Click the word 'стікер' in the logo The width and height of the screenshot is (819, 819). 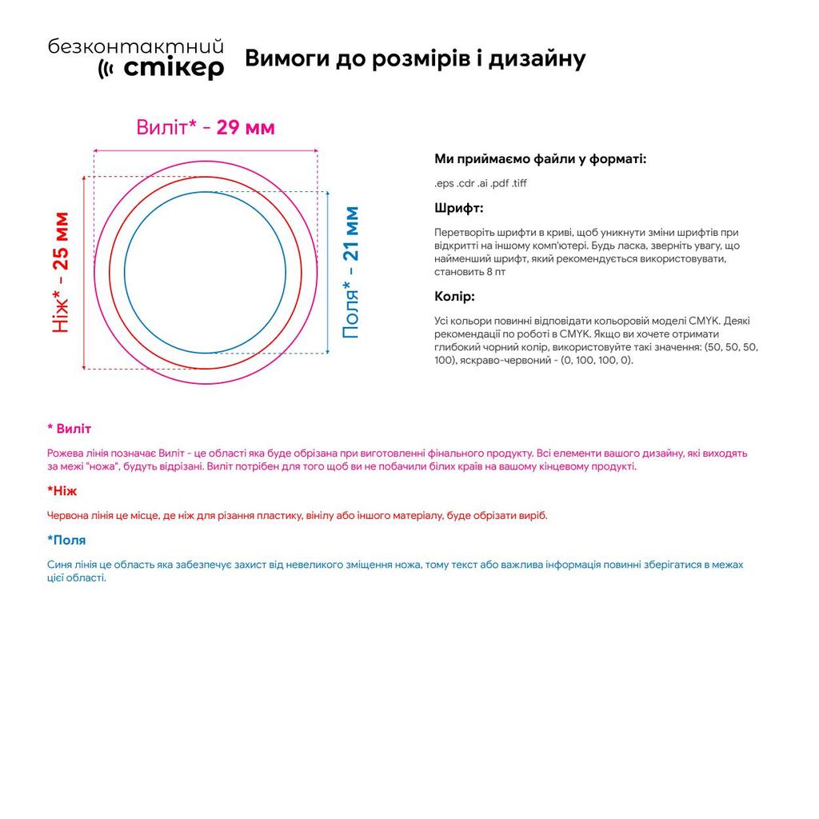point(174,69)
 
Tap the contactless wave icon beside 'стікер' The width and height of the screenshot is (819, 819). point(106,70)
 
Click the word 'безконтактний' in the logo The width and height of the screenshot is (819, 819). point(135,47)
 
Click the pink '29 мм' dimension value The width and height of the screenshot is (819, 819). point(246,127)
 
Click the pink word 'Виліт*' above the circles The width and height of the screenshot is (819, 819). point(166,127)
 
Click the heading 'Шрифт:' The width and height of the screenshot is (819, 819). point(458,208)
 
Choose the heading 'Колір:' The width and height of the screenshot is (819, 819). point(454,297)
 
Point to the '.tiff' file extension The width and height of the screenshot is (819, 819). point(519,183)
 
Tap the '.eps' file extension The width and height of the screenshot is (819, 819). point(444,183)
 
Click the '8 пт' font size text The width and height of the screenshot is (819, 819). point(495,272)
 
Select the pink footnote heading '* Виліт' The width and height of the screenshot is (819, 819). point(70,429)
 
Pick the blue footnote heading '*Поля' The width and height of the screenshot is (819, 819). point(66,540)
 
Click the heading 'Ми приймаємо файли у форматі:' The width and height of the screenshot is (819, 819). point(540,158)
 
